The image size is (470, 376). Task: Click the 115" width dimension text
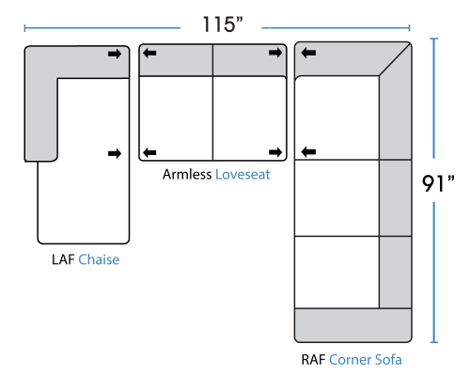(223, 24)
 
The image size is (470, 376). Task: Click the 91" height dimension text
(438, 183)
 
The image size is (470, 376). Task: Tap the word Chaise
(99, 259)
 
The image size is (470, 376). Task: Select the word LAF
(63, 259)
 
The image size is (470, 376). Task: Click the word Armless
(187, 175)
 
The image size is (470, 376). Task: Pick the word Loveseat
(243, 175)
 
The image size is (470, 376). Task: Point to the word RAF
(313, 360)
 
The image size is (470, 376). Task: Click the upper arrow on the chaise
(115, 55)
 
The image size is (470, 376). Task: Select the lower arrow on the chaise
(115, 153)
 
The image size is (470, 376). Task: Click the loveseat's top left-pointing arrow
(149, 53)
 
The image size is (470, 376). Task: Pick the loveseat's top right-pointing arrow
(275, 53)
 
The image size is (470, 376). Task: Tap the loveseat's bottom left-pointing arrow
(149, 152)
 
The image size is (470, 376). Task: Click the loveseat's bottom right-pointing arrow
(275, 152)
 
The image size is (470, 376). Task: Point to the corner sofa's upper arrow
(308, 53)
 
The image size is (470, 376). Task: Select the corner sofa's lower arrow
(308, 152)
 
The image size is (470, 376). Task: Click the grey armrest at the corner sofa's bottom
(353, 325)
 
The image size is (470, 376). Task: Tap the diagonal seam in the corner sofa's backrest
(395, 60)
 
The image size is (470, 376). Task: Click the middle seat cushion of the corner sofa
(337, 198)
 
